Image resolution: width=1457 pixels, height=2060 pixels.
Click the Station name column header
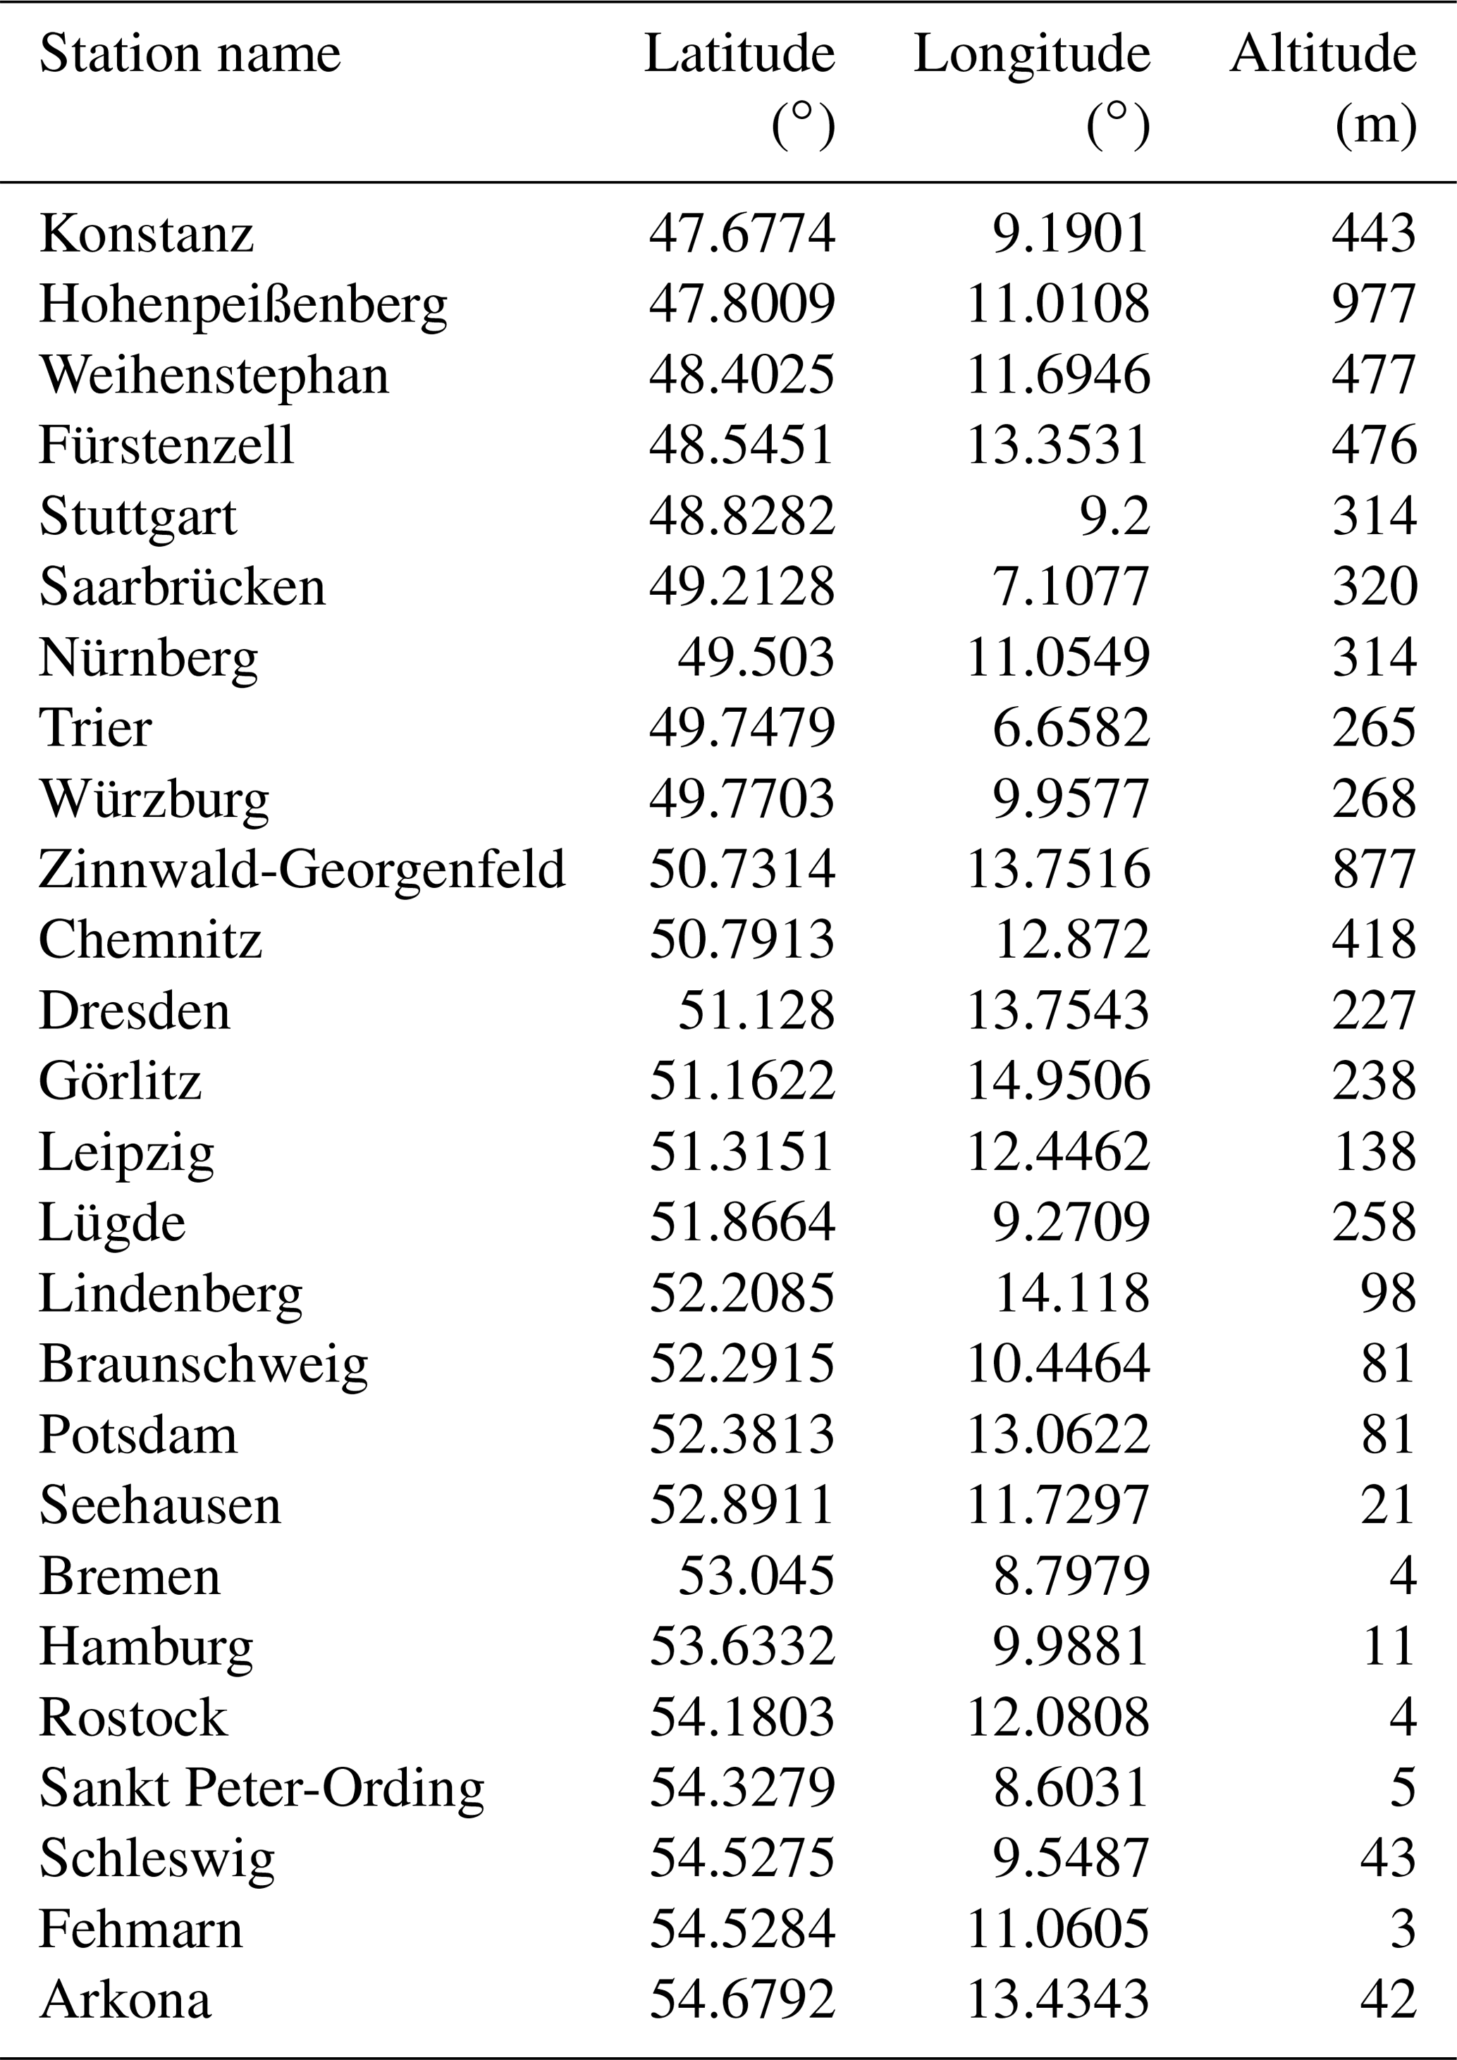pyautogui.click(x=190, y=55)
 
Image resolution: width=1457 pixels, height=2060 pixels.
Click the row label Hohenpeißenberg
pyautogui.click(x=243, y=305)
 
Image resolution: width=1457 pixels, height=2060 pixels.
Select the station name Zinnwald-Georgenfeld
pyautogui.click(x=302, y=870)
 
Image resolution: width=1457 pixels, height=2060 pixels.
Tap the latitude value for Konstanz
pyautogui.click(x=742, y=234)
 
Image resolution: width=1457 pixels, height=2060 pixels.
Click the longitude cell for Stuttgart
pyautogui.click(x=1114, y=517)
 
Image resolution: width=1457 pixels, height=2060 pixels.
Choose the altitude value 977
pyautogui.click(x=1374, y=305)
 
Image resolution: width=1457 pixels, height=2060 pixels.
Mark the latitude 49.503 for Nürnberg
pyautogui.click(x=756, y=658)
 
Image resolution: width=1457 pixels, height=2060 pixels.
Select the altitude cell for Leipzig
pyautogui.click(x=1375, y=1152)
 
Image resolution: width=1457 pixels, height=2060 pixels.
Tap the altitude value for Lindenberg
pyautogui.click(x=1389, y=1293)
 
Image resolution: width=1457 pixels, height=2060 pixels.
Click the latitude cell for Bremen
pyautogui.click(x=756, y=1576)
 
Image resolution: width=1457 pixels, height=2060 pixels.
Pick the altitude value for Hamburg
pyautogui.click(x=1389, y=1646)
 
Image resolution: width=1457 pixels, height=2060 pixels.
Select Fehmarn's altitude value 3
pyautogui.click(x=1402, y=1929)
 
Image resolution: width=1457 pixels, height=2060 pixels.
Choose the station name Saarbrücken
pyautogui.click(x=182, y=588)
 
